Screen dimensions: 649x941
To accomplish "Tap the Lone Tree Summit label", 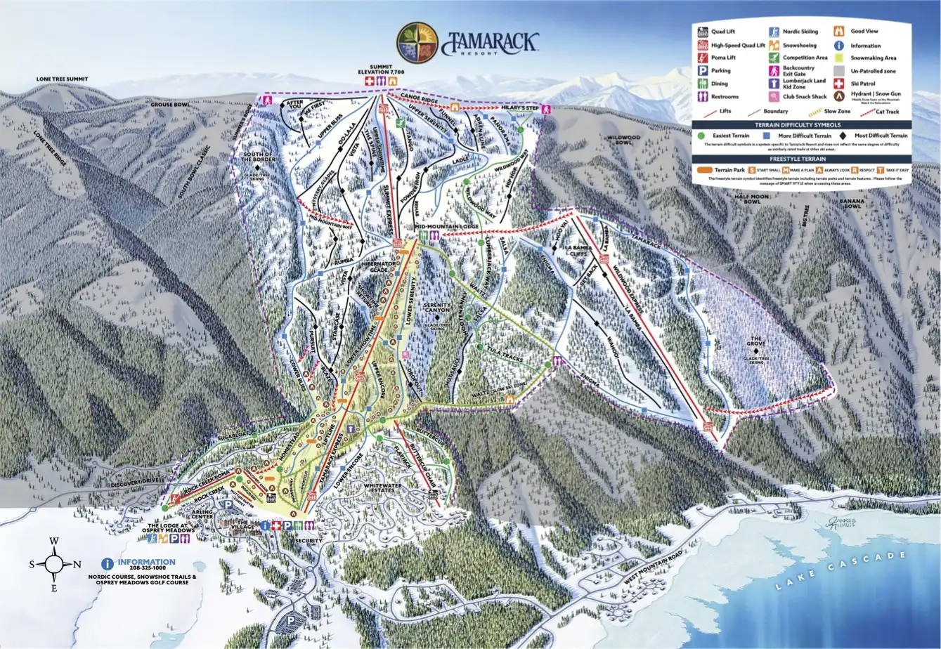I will coord(63,79).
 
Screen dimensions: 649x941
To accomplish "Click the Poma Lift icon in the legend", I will coord(702,58).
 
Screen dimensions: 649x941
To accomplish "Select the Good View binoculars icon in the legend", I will coord(838,32).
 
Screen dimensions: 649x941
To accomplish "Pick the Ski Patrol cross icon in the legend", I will coord(838,83).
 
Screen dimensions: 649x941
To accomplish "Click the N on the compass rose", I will coord(77,564).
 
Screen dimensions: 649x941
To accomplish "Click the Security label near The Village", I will coord(309,540).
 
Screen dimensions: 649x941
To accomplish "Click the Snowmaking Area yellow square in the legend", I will coord(838,58).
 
